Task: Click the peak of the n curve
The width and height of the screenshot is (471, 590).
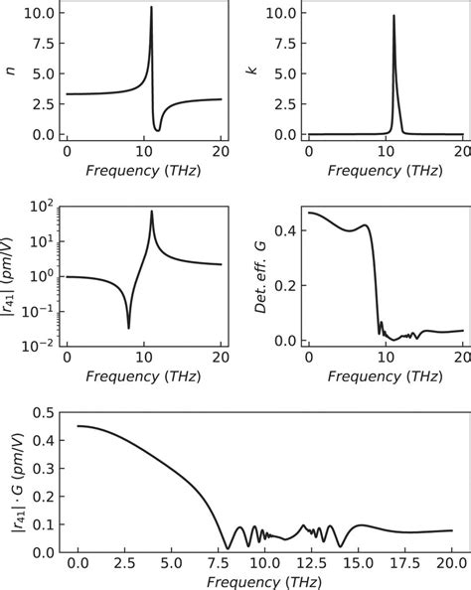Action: (151, 8)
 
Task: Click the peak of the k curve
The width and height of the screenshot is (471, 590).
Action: (393, 15)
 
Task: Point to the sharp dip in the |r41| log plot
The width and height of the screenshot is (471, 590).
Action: (128, 328)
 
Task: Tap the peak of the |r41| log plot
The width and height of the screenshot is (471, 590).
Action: (151, 211)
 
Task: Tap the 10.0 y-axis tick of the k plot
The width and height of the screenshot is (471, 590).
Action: (279, 14)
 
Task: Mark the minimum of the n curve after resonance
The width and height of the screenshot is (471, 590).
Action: (158, 129)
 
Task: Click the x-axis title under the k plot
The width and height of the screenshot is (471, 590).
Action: (387, 171)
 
